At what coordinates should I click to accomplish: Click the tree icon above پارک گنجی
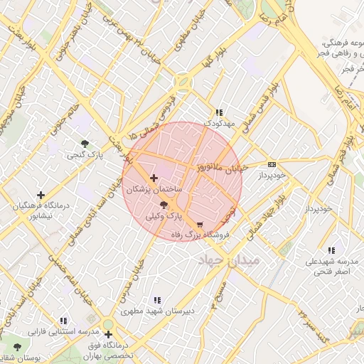(x=85, y=143)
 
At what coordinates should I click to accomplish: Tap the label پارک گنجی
(x=85, y=154)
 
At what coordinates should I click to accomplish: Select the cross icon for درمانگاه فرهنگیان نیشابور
(x=41, y=195)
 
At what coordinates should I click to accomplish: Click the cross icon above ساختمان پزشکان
(x=154, y=178)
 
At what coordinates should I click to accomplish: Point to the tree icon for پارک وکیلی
(x=164, y=204)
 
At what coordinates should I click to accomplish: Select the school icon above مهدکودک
(x=219, y=112)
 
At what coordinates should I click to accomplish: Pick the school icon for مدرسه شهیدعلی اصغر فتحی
(x=331, y=250)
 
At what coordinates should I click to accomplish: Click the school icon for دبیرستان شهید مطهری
(x=157, y=300)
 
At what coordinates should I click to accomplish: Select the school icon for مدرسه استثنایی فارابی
(x=63, y=321)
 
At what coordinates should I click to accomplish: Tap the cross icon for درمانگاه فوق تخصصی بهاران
(x=108, y=334)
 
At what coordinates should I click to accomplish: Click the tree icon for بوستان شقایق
(x=18, y=347)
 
